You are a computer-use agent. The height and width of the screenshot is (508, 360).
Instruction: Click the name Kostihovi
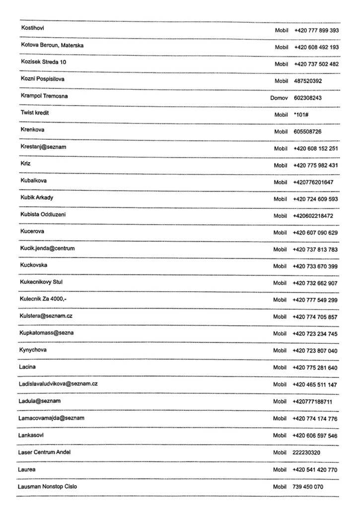point(32,28)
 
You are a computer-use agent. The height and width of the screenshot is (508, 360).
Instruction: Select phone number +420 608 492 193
point(316,47)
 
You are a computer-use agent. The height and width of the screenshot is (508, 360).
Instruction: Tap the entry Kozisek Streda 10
point(43,62)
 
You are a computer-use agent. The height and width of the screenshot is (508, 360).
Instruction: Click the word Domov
point(279,98)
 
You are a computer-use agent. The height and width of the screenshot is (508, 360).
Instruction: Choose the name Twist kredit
point(35,113)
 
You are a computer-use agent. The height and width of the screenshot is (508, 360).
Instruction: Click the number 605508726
point(307,131)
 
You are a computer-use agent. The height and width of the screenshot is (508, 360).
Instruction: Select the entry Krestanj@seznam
point(44,147)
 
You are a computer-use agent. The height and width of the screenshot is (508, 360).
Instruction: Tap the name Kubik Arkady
point(37,197)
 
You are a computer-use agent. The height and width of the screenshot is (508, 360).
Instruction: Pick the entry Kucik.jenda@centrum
point(48,248)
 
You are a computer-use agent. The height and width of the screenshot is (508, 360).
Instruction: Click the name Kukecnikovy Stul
point(42,282)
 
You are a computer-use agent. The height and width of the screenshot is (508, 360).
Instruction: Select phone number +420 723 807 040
point(315,351)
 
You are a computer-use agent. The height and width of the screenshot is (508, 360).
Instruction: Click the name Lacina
point(28,367)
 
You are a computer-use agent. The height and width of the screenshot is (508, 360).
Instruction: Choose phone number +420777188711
point(313,401)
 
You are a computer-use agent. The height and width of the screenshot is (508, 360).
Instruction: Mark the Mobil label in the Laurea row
point(280,469)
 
